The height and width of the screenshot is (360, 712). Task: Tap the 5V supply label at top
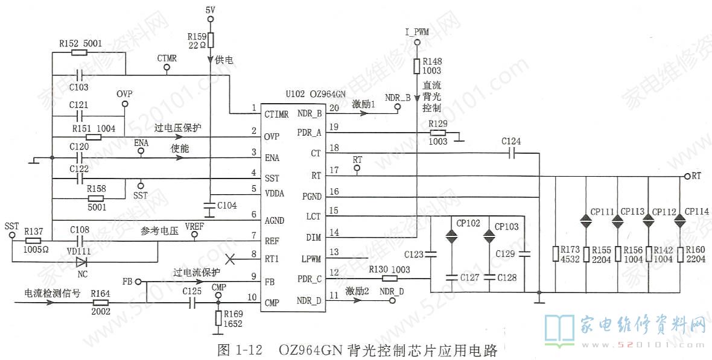209,10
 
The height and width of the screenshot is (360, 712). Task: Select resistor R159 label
197,37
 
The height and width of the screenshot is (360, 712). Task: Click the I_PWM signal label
416,32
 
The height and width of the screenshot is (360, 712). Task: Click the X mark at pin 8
229,258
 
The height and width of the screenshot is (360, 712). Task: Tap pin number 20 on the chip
334,108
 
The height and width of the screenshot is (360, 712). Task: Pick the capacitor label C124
511,141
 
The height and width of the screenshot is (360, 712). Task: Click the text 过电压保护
177,128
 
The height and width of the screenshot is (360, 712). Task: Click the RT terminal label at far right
696,176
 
